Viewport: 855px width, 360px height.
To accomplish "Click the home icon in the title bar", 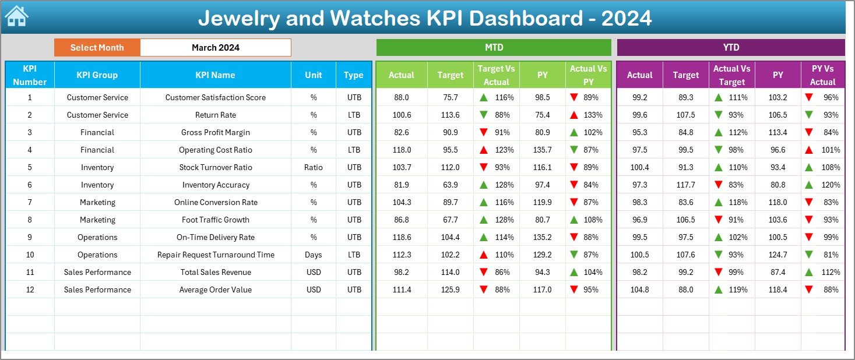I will (x=17, y=17).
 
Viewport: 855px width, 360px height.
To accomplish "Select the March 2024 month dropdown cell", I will (x=216, y=48).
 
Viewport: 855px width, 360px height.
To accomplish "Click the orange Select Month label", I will (x=97, y=48).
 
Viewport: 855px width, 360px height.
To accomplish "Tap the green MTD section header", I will (x=494, y=47).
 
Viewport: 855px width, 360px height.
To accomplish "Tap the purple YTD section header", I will (x=730, y=47).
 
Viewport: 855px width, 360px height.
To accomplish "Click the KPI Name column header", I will (x=216, y=75).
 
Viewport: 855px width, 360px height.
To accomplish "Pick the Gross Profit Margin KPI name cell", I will (x=216, y=132).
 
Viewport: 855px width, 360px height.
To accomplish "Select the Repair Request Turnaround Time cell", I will (x=216, y=255).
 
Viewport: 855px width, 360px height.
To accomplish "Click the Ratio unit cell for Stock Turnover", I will (x=314, y=167).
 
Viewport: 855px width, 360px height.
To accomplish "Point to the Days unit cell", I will (x=314, y=255).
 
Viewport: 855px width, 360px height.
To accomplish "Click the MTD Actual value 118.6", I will (x=402, y=237).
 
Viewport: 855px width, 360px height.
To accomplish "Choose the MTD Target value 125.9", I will (x=451, y=290).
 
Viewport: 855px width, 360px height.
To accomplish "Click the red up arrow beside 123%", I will (x=483, y=150).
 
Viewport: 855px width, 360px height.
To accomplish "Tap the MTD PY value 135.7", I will (x=543, y=150).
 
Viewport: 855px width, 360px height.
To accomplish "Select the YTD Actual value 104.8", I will (x=639, y=290).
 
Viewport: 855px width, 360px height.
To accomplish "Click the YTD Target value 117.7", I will (x=685, y=185).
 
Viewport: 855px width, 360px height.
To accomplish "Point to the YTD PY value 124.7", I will (x=777, y=255).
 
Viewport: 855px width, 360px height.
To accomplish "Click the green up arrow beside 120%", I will (x=808, y=185).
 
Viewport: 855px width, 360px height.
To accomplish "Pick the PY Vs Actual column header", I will (x=822, y=75).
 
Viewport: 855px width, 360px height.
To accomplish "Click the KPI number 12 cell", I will (x=30, y=290).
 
